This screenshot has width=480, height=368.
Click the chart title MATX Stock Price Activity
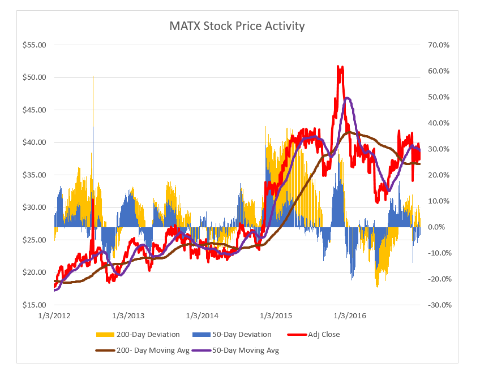point(237,26)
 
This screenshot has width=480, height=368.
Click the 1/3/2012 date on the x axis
point(54,315)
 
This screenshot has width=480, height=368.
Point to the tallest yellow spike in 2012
point(93,76)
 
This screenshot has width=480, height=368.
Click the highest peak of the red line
point(338,67)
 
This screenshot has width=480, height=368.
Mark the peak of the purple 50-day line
point(347,98)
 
